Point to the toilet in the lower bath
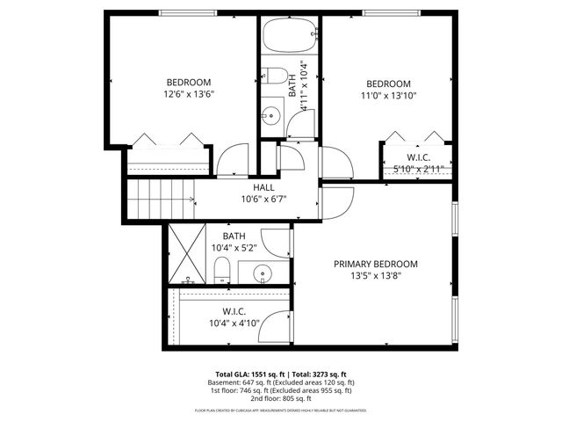(223, 272)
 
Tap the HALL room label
(263, 188)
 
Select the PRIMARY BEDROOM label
(375, 264)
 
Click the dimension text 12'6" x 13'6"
(189, 93)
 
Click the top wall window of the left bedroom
(183, 12)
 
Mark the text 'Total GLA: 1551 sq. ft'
(251, 374)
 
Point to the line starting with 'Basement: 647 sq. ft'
(281, 382)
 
